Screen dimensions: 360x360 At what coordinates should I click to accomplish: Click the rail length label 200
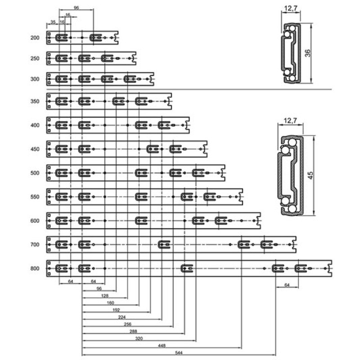pyautogui.click(x=35, y=38)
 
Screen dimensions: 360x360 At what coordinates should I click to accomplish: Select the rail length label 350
pyautogui.click(x=35, y=101)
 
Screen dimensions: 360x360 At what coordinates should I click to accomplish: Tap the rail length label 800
pyautogui.click(x=35, y=268)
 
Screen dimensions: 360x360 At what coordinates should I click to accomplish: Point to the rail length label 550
pyautogui.click(x=35, y=197)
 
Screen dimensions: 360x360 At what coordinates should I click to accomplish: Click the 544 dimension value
pyautogui.click(x=179, y=353)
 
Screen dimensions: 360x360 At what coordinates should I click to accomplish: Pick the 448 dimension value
pyautogui.click(x=162, y=346)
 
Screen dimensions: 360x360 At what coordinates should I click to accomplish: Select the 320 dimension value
pyautogui.click(x=139, y=338)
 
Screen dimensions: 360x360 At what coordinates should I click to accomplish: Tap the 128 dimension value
pyautogui.click(x=105, y=296)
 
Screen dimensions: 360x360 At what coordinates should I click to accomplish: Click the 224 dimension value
pyautogui.click(x=122, y=317)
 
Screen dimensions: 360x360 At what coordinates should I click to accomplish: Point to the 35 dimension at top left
pyautogui.click(x=53, y=22)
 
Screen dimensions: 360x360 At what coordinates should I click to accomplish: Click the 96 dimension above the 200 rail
pyautogui.click(x=76, y=8)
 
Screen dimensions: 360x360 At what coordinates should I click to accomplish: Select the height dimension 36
pyautogui.click(x=308, y=53)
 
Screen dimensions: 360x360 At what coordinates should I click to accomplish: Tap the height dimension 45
pyautogui.click(x=310, y=175)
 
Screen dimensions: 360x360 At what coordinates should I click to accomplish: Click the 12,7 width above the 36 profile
pyautogui.click(x=291, y=8)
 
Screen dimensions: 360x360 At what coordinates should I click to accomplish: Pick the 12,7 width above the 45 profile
pyautogui.click(x=290, y=120)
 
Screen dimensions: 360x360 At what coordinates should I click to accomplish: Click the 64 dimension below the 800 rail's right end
pyautogui.click(x=287, y=285)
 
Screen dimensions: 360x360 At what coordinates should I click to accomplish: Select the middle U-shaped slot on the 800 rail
pyautogui.click(x=187, y=268)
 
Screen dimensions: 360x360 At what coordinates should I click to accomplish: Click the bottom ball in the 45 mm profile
pyautogui.click(x=292, y=209)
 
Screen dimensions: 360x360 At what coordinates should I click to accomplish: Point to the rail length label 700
pyautogui.click(x=35, y=244)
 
